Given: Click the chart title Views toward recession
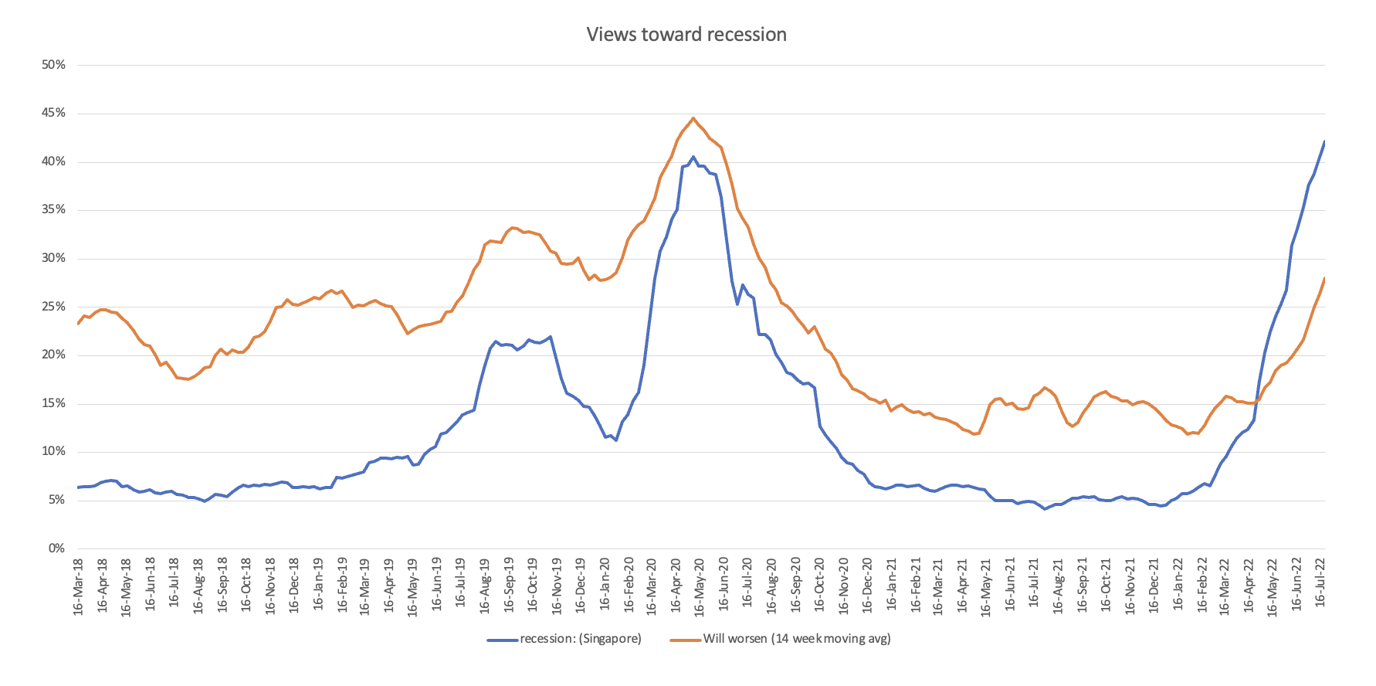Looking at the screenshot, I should point(686,35).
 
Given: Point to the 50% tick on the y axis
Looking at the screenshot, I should point(53,65).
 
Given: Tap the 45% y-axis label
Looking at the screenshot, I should point(53,114).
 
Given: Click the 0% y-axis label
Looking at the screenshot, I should point(56,548).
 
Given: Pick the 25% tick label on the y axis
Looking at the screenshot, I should point(53,307).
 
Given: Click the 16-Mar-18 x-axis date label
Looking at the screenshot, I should point(78,586).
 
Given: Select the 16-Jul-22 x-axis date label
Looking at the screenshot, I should point(1320,586).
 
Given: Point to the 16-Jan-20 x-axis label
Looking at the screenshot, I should point(604,586).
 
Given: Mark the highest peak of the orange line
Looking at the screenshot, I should point(693,118).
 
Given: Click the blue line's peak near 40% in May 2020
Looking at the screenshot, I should point(693,157).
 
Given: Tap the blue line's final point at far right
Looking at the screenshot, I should point(1324,142).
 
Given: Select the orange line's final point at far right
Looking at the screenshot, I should point(1324,279).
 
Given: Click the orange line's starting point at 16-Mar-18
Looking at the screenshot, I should point(78,324).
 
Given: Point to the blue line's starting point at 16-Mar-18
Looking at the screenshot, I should point(78,487).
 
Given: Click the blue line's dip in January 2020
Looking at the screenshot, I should point(615,440).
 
